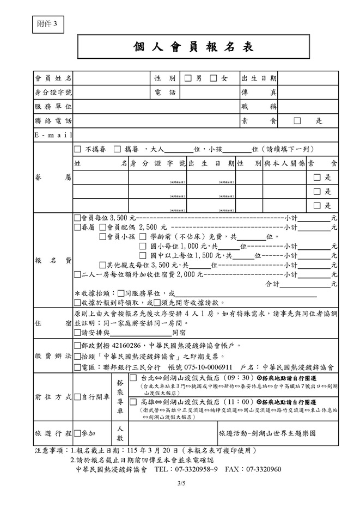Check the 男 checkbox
pyautogui.click(x=188, y=79)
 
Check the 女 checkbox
pyautogui.click(x=213, y=79)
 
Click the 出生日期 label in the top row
pyautogui.click(x=259, y=79)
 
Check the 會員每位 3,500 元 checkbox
pyautogui.click(x=77, y=218)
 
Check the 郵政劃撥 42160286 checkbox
pyautogui.click(x=77, y=345)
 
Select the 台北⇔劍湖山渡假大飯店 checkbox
pyautogui.click(x=133, y=378)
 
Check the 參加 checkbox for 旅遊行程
pyautogui.click(x=77, y=434)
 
